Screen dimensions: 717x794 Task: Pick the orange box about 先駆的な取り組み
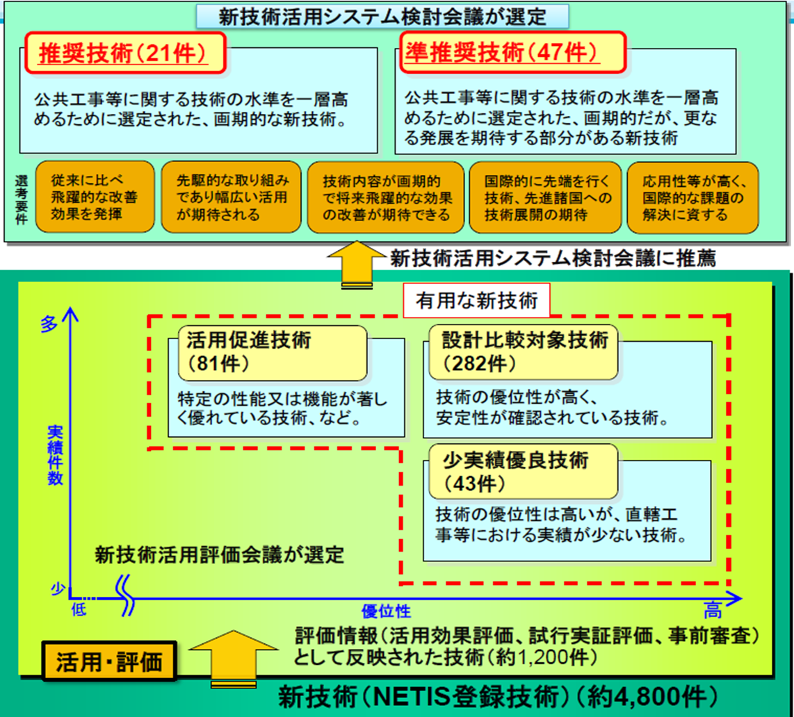tap(232, 197)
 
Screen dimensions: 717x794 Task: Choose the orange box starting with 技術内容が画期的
tap(384, 197)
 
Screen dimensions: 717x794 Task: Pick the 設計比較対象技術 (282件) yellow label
tap(524, 351)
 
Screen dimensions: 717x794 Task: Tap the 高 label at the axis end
tap(712, 612)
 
